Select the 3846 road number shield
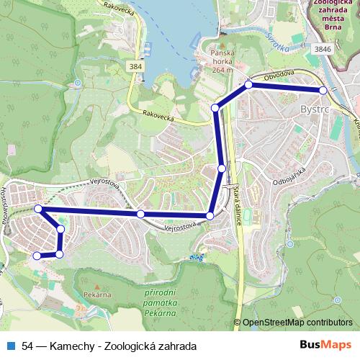(x=323, y=48)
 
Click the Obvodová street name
(x=279, y=75)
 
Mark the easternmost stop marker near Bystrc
(x=323, y=91)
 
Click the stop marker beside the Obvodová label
(x=248, y=85)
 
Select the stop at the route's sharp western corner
(x=38, y=209)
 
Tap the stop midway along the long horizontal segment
(x=140, y=214)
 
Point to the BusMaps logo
(x=325, y=346)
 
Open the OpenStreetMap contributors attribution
(x=297, y=323)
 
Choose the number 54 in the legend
(x=28, y=346)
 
